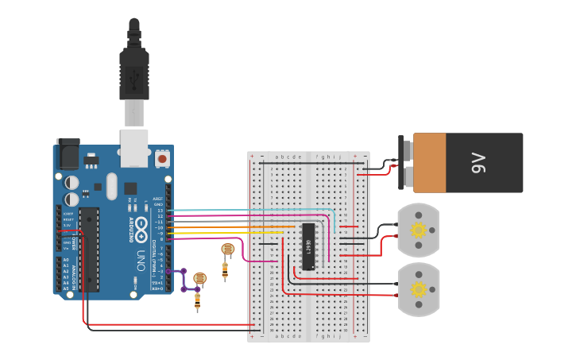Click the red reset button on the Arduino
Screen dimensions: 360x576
tap(162, 159)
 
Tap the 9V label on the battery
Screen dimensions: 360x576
tap(478, 164)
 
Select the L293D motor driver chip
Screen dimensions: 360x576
tap(308, 246)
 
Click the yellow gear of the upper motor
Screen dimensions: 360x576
tap(418, 230)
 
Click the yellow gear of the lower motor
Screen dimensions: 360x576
tap(418, 289)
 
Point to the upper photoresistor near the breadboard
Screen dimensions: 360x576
tap(227, 250)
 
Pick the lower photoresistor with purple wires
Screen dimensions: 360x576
tap(199, 278)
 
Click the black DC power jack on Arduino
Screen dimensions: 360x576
tap(67, 153)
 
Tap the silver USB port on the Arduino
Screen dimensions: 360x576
tap(133, 149)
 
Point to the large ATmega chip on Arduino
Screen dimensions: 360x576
tap(89, 249)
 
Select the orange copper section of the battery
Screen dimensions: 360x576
tap(429, 162)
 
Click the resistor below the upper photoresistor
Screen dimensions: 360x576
tap(225, 270)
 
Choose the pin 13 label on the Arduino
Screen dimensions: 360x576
tap(160, 210)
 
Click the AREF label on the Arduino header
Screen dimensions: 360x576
tap(158, 199)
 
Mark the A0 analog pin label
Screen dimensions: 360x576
tap(66, 259)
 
